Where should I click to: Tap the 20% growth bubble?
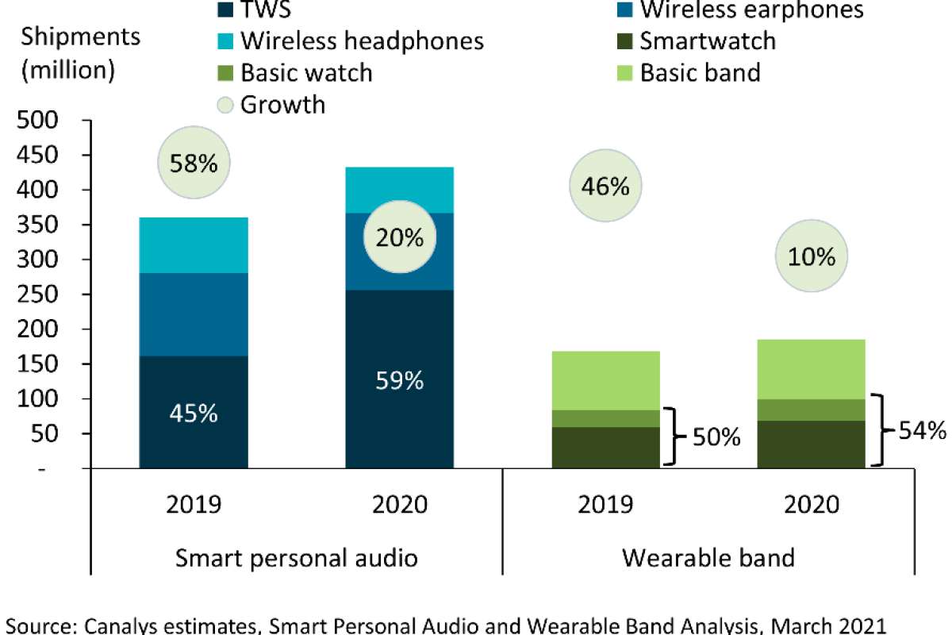(x=399, y=237)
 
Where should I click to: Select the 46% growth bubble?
(x=605, y=187)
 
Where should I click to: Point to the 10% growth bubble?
(x=812, y=256)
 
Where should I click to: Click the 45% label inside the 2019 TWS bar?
(x=194, y=414)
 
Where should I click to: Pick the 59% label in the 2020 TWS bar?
(x=399, y=381)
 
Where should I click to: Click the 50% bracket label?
(x=716, y=437)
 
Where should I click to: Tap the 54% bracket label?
(x=923, y=431)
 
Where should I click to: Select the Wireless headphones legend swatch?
(x=226, y=40)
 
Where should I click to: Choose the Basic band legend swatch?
(x=625, y=72)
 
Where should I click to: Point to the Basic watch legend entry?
(x=306, y=72)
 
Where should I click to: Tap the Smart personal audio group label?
(x=296, y=556)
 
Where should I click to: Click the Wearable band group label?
(x=708, y=556)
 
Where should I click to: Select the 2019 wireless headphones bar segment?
(x=194, y=245)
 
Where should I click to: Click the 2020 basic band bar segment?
(x=811, y=369)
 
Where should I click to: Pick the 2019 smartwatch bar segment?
(x=605, y=447)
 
